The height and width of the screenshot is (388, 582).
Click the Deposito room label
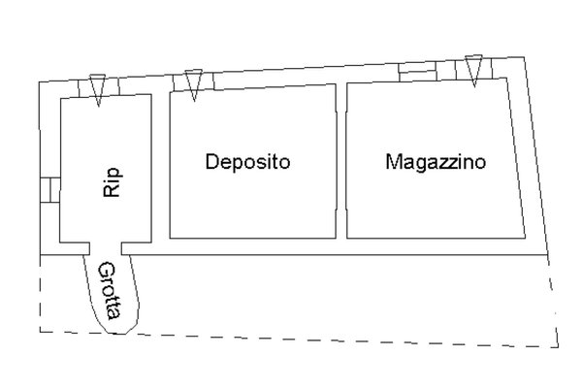[247, 161]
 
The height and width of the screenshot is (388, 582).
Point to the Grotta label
[110, 290]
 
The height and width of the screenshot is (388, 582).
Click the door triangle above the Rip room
[96, 86]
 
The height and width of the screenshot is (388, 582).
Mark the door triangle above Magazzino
[472, 69]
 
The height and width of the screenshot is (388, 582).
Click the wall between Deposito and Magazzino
[341, 160]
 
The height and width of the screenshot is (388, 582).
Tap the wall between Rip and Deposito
[160, 165]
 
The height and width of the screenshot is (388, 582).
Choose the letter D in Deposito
[210, 161]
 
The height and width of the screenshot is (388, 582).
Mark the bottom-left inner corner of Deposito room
[171, 237]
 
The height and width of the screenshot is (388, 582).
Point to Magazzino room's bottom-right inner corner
[524, 236]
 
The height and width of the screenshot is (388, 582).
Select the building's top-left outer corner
[39, 82]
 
